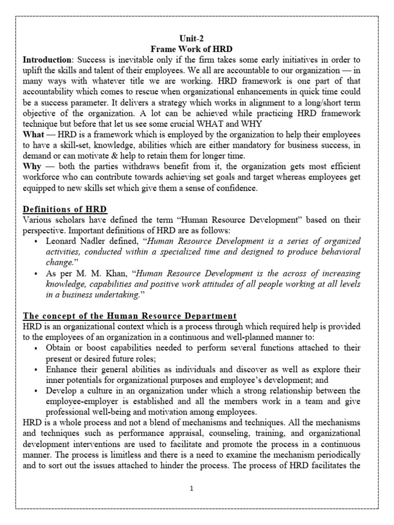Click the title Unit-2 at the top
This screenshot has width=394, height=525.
(196, 38)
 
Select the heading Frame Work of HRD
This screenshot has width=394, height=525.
(196, 49)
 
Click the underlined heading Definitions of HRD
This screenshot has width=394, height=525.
(65, 209)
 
